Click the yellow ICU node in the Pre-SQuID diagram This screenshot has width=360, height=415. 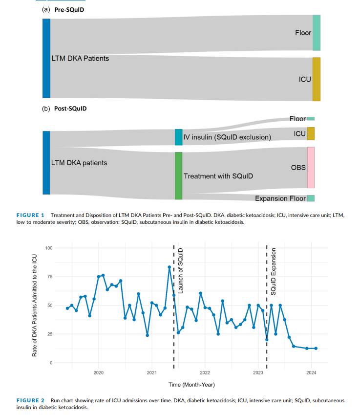pos(316,79)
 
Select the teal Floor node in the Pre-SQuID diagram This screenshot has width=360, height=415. pos(316,33)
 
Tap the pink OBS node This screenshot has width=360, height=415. pos(311,167)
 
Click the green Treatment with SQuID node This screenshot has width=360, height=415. pos(178,175)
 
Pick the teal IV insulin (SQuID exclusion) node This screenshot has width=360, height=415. pos(178,137)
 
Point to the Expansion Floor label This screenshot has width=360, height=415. pos(280,198)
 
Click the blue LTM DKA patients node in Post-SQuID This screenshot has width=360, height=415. pos(46,163)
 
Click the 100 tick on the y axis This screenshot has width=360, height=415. pos(49,248)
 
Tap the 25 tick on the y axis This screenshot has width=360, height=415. pos(50,334)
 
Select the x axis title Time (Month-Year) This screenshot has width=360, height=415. pos(191,384)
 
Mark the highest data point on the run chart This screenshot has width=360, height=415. pos(169,267)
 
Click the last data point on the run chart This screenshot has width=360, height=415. pos(316,349)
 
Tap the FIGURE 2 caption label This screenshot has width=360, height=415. pos(30,400)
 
